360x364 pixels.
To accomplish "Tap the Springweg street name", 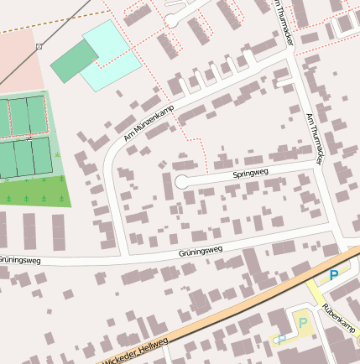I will (x=249, y=174).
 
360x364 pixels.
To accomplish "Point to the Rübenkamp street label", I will (x=338, y=320).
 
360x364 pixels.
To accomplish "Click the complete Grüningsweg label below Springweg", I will (x=200, y=250).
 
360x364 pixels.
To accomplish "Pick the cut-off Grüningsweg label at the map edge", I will (x=19, y=259).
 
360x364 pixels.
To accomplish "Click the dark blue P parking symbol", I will (x=333, y=275).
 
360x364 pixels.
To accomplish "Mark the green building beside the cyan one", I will (x=74, y=61).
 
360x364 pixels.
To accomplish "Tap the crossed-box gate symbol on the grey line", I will (x=39, y=47).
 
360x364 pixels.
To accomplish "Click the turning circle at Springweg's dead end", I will (x=181, y=182).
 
